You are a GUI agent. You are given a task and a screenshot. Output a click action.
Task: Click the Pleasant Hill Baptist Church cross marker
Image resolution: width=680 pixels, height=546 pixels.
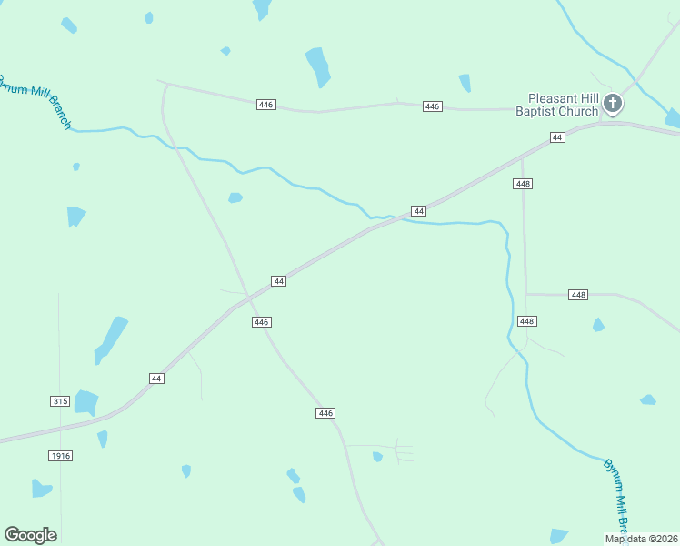pyautogui.click(x=613, y=103)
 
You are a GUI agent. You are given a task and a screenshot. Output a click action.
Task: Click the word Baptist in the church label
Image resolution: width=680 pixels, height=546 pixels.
pyautogui.click(x=535, y=112)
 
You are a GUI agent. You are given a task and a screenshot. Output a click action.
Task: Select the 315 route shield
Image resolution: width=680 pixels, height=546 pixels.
pyautogui.click(x=60, y=401)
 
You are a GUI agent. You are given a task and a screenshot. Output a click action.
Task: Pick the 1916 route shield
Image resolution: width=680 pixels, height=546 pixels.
pyautogui.click(x=60, y=455)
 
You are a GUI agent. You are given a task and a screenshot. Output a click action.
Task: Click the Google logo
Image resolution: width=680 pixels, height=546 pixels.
pyautogui.click(x=30, y=535)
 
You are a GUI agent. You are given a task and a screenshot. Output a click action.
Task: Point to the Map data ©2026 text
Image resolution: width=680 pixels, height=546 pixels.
pyautogui.click(x=642, y=539)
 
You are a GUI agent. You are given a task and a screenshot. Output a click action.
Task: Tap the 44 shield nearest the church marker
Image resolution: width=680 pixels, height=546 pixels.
pyautogui.click(x=557, y=136)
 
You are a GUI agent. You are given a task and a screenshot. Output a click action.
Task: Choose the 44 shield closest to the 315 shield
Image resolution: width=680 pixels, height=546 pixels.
pyautogui.click(x=156, y=378)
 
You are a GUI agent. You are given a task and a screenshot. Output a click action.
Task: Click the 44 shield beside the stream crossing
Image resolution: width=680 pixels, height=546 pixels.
pyautogui.click(x=418, y=211)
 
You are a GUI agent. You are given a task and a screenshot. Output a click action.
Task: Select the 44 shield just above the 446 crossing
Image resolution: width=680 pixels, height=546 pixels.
pyautogui.click(x=279, y=281)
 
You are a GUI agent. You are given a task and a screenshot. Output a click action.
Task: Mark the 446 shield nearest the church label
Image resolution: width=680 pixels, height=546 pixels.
pyautogui.click(x=433, y=106)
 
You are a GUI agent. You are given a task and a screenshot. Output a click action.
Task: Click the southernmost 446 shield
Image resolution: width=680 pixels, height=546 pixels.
pyautogui.click(x=326, y=413)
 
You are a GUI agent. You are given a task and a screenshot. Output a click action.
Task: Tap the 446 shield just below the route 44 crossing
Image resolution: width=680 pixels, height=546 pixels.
pyautogui.click(x=262, y=322)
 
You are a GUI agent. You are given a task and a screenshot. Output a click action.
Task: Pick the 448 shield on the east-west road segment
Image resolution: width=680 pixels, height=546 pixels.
pyautogui.click(x=578, y=295)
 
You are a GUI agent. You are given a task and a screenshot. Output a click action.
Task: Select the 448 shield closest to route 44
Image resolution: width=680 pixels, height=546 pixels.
pyautogui.click(x=522, y=184)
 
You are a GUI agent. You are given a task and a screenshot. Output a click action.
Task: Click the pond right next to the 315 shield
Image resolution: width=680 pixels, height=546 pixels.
pyautogui.click(x=85, y=401)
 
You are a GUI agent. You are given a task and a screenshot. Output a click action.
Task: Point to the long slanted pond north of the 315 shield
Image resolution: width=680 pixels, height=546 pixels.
pyautogui.click(x=111, y=339)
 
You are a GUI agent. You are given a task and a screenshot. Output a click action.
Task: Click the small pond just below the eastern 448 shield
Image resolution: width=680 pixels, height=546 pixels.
pyautogui.click(x=598, y=325)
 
